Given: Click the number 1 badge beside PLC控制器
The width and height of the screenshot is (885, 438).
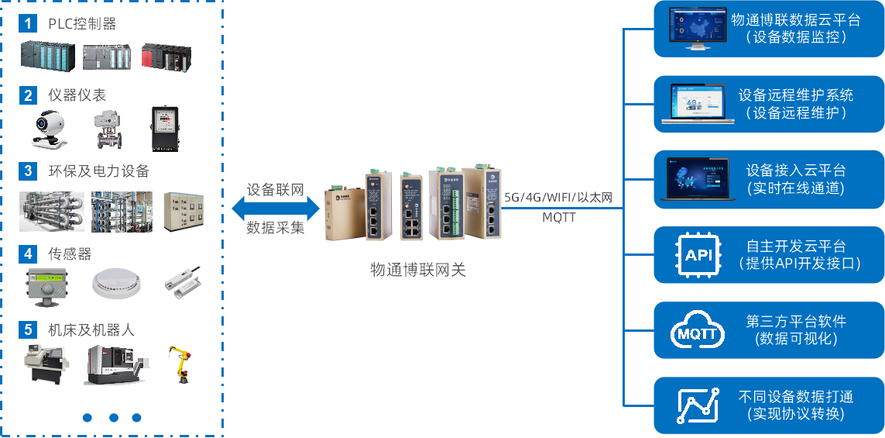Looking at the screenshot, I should (x=29, y=23).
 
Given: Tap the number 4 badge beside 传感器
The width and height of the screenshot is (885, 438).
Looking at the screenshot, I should (x=29, y=253).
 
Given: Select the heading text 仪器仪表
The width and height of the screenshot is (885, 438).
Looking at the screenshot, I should (x=77, y=95).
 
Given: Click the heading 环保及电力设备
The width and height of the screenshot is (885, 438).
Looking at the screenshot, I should (x=98, y=171).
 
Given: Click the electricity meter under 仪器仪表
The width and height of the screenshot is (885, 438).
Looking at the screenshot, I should (x=164, y=128).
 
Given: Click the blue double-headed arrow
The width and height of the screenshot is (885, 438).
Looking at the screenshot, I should (x=276, y=209).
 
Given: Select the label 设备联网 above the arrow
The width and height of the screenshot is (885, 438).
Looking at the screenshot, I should (x=276, y=190).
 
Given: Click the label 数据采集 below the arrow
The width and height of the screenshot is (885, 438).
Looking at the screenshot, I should (x=276, y=228).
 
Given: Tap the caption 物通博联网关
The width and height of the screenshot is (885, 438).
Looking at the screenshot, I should (x=418, y=270).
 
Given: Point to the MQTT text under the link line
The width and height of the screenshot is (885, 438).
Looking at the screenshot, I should (x=558, y=218).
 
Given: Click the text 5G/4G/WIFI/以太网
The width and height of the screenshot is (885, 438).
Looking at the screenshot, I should (x=558, y=198).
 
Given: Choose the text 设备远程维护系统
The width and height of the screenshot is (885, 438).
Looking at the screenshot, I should (x=796, y=95).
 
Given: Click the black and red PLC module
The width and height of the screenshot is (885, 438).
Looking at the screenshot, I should (x=166, y=57).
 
